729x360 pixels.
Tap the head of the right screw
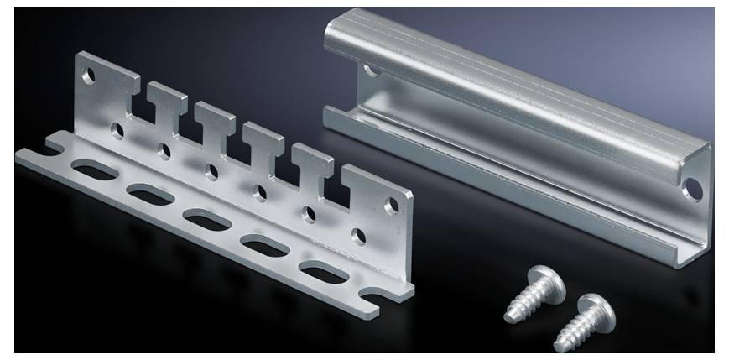pyautogui.click(x=597, y=309)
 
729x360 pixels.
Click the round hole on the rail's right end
pyautogui.click(x=693, y=187)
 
